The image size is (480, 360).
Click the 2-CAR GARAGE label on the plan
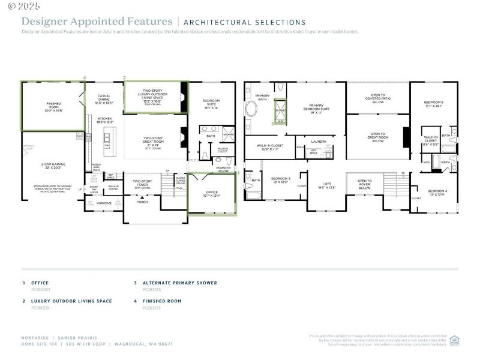[x=50, y=164]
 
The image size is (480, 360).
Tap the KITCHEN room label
[x=105, y=119]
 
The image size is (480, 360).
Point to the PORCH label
[x=142, y=202]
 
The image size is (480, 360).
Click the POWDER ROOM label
[x=223, y=170]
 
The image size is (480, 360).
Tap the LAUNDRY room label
[x=319, y=142]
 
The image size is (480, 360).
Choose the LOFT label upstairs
[x=327, y=184]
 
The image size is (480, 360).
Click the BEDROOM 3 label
[x=281, y=179]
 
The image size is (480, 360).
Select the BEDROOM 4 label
[x=437, y=191]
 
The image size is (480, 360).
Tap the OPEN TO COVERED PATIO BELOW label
[x=377, y=98]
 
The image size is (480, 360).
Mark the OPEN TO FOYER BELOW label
[x=365, y=182]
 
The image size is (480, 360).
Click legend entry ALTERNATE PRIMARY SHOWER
[x=179, y=283]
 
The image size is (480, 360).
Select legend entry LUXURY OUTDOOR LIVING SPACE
[x=71, y=301]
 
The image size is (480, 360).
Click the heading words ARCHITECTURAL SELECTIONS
[x=244, y=23]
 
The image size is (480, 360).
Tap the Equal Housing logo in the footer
[x=454, y=339]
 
